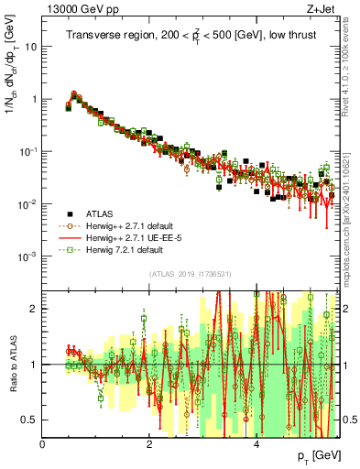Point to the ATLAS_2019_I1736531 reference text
point(191,273)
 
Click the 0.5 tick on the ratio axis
point(31,420)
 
